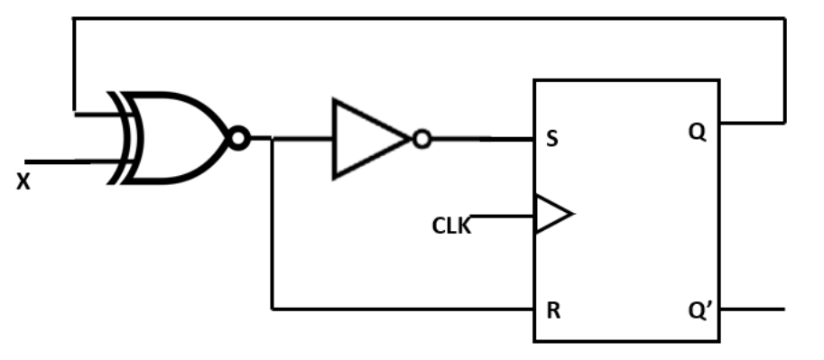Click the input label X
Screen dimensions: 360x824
coord(23,181)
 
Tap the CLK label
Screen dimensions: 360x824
coord(451,226)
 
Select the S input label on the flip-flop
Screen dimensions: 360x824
coord(551,141)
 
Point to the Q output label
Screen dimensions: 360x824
coord(697,132)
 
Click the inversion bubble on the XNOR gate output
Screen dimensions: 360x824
coord(238,138)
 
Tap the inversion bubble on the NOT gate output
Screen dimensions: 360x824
coord(421,139)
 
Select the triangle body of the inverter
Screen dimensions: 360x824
coord(366,139)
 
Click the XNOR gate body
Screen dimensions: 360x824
coord(176,138)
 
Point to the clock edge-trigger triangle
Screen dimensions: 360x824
coord(551,216)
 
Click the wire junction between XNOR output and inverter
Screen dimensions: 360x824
coord(273,139)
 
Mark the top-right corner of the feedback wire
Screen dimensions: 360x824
coord(783,18)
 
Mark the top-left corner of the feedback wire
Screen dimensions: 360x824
coord(74,18)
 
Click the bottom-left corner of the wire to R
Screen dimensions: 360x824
coord(273,309)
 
